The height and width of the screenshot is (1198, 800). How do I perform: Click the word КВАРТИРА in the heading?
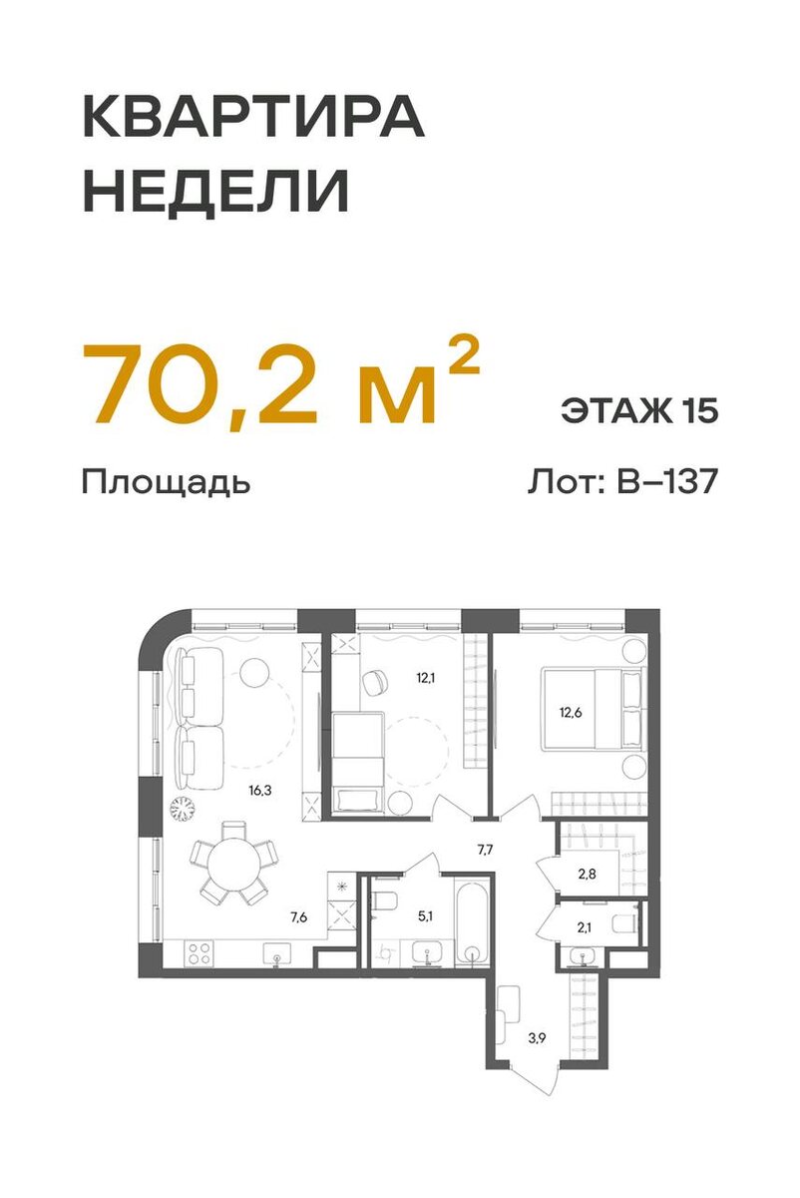point(252,120)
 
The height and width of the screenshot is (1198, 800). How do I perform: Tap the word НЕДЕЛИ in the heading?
point(215,193)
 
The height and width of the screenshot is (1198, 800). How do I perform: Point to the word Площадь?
point(165,483)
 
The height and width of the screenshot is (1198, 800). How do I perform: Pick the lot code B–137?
point(666,482)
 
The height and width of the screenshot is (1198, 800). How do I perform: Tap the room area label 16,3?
point(261,789)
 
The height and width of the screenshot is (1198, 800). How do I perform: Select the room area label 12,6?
point(571,712)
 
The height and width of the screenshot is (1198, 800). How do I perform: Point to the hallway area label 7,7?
point(486,850)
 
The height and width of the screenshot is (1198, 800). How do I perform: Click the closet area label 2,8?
point(589,876)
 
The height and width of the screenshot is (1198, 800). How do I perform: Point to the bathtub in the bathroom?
point(469,920)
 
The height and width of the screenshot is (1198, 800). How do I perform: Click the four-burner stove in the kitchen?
point(197,952)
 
